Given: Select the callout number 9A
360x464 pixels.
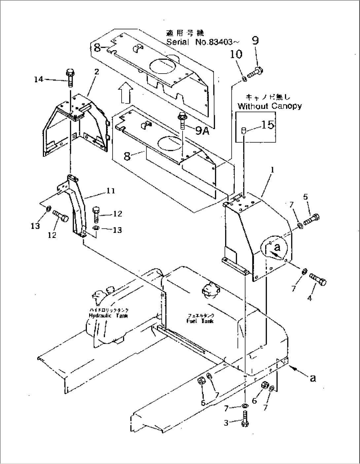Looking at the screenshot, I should [202, 131].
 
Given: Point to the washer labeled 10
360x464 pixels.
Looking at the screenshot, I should [244, 79].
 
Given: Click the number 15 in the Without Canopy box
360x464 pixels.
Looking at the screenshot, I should [268, 125].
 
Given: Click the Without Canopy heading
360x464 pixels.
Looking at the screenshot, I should [270, 106].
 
